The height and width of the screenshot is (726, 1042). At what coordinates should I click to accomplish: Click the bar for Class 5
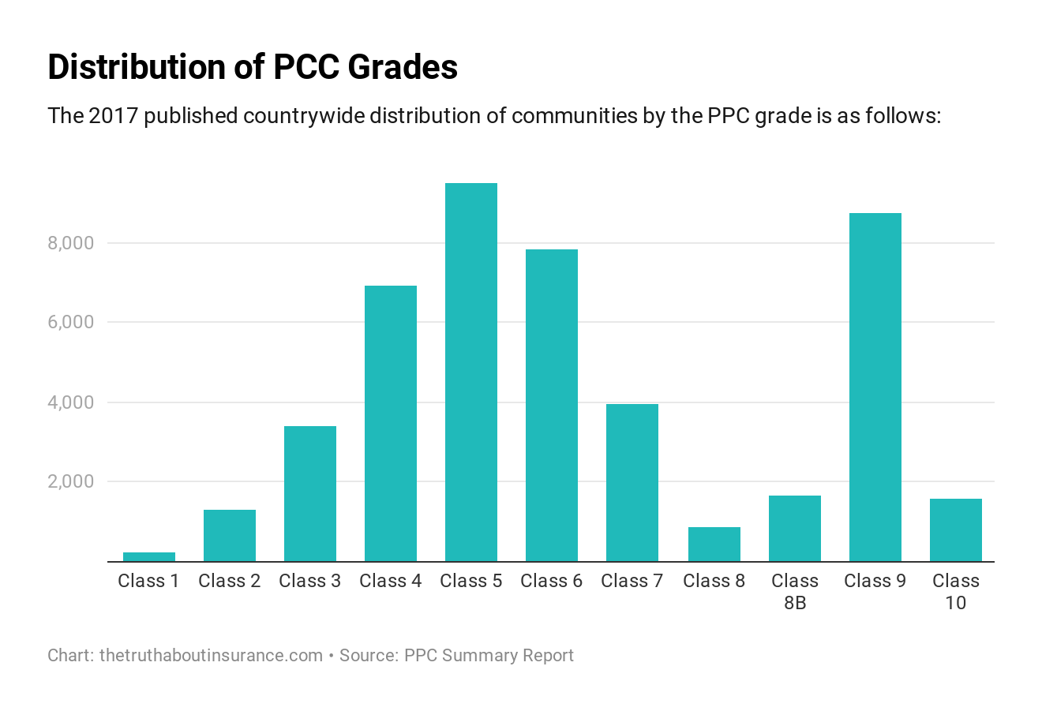pyautogui.click(x=471, y=372)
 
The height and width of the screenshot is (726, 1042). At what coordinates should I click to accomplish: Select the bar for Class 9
pyautogui.click(x=875, y=387)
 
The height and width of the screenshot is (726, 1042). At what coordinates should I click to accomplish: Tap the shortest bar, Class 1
pyautogui.click(x=149, y=557)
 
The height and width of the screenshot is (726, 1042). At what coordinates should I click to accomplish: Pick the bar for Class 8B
pyautogui.click(x=794, y=528)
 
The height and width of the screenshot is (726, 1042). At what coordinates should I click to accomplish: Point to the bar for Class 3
pyautogui.click(x=310, y=493)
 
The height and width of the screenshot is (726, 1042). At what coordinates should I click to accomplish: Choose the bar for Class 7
pyautogui.click(x=632, y=482)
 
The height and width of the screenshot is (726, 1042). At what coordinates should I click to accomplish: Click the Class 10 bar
pyautogui.click(x=955, y=530)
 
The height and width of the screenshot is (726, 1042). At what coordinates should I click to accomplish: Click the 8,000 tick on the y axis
pyautogui.click(x=71, y=243)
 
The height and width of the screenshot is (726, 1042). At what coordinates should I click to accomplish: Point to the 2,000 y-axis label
pyautogui.click(x=71, y=481)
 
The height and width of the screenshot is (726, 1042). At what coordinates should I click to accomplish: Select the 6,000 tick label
pyautogui.click(x=71, y=323)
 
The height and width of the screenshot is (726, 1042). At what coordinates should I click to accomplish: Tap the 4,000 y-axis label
pyautogui.click(x=71, y=402)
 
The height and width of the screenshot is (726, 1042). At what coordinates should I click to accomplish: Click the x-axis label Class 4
pyautogui.click(x=391, y=582)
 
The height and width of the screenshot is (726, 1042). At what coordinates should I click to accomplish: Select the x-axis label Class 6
pyautogui.click(x=552, y=582)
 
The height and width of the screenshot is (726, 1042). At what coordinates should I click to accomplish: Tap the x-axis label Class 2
pyautogui.click(x=230, y=582)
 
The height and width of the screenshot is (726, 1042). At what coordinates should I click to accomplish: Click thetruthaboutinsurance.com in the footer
pyautogui.click(x=211, y=656)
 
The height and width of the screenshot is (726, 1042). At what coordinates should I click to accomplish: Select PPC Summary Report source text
pyautogui.click(x=489, y=656)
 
